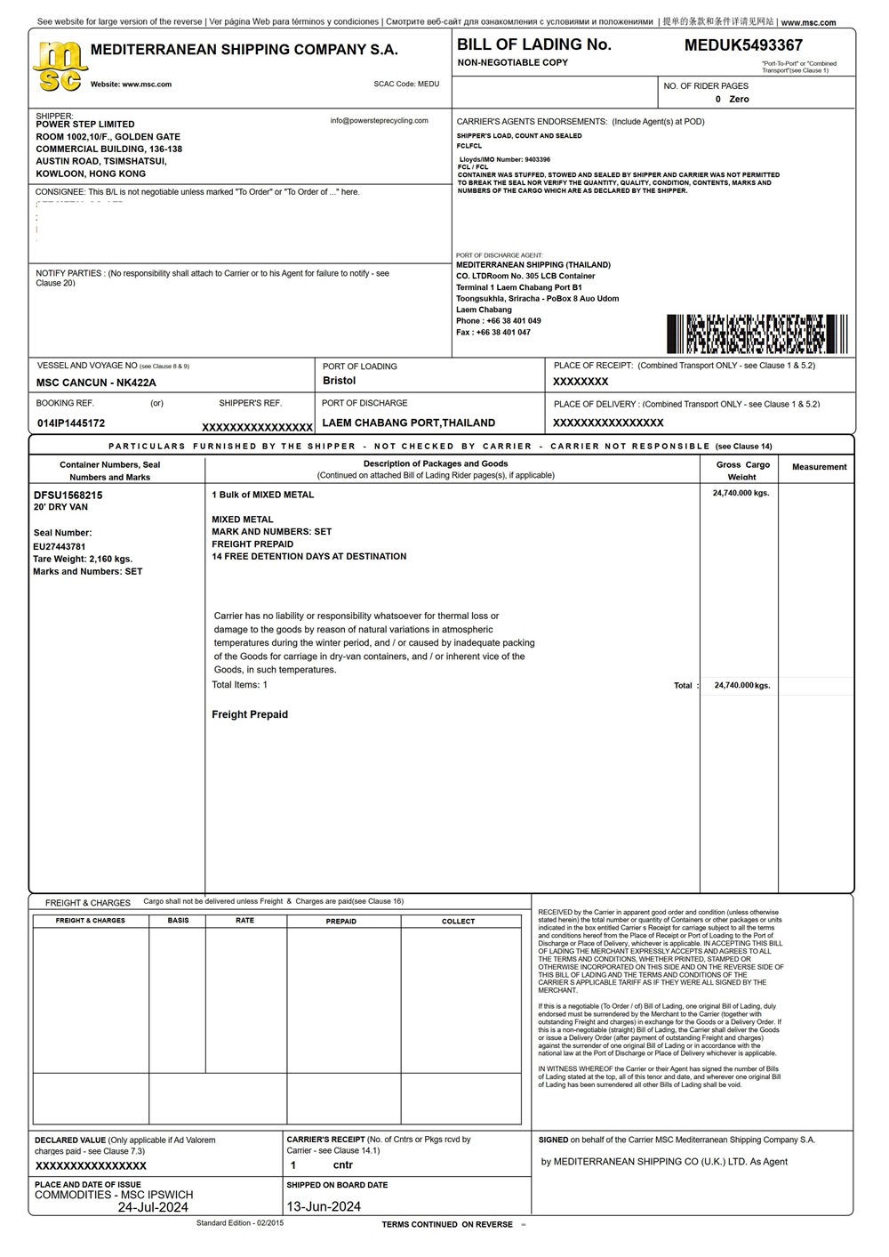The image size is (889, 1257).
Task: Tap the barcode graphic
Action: coord(757,334)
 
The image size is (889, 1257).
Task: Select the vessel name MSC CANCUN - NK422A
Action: coord(96,383)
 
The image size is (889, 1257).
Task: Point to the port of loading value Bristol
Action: coord(339,381)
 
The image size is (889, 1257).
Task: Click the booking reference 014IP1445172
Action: coord(71,423)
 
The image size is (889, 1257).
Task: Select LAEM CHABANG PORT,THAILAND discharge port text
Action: coord(408,423)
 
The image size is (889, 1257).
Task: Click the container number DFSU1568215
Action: coord(68,495)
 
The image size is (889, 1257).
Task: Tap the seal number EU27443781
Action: coord(60,546)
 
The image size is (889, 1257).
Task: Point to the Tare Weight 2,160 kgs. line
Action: coord(83,559)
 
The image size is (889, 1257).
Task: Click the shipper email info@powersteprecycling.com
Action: coord(379,121)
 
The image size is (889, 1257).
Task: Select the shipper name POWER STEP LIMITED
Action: coord(85,125)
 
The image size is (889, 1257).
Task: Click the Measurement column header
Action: coord(819,467)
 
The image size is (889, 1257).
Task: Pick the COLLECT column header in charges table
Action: coord(458,922)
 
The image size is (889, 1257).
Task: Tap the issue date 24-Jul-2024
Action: coord(153,1207)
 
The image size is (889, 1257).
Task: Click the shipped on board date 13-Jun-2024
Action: coord(324,1207)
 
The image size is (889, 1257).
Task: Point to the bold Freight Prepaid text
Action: coord(250,714)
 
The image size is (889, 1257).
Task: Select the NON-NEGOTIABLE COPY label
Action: coord(512,63)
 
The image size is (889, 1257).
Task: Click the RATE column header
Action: coord(244,921)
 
